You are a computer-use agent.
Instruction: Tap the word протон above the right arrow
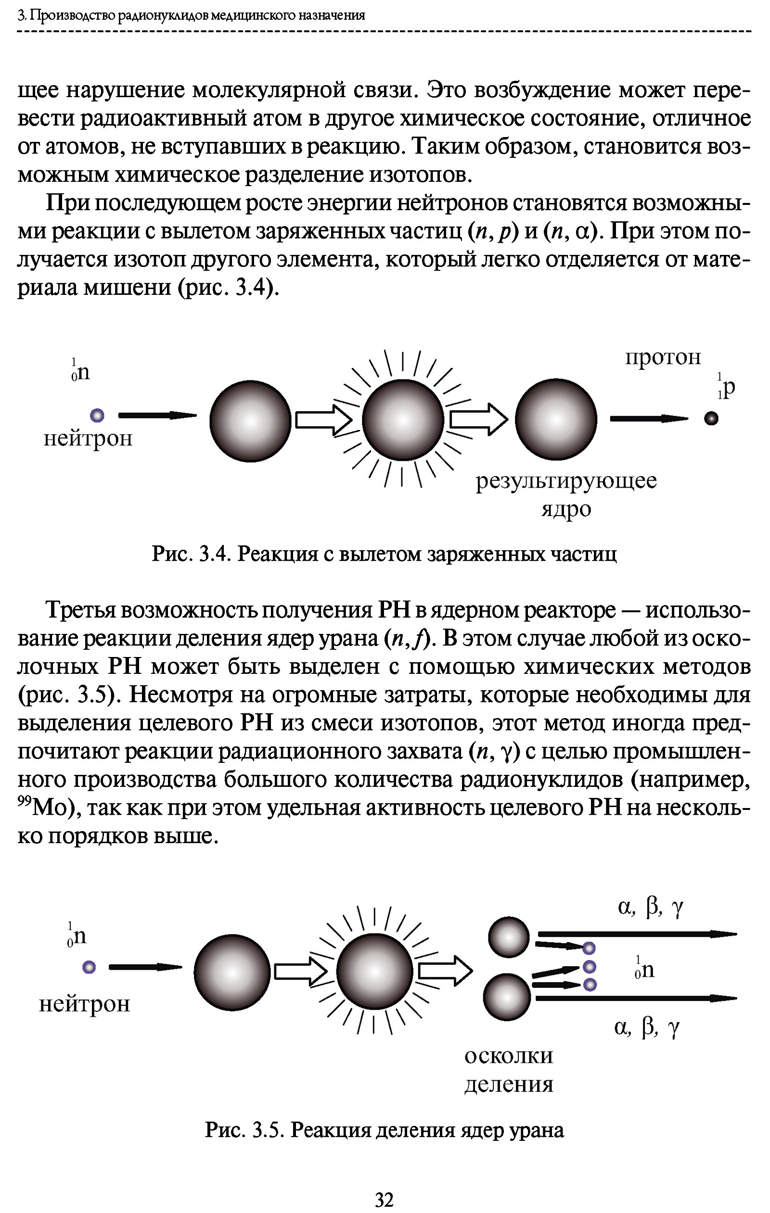coord(663,357)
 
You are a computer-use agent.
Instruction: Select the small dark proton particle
coord(711,418)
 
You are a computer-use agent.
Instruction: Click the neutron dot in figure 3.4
coord(97,416)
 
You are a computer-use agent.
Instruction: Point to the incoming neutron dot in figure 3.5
coord(89,967)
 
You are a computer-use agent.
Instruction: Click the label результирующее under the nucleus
coord(566,481)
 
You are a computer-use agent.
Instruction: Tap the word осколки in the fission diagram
coord(509,1055)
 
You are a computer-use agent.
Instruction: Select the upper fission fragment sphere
coord(509,937)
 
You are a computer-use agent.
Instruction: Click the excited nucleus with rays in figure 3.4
coord(403,419)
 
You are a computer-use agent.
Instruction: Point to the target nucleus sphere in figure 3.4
coord(250,420)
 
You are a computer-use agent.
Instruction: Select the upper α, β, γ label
coord(650,907)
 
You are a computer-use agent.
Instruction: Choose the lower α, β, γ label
coord(647,1028)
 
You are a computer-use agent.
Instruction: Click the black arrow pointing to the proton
coord(649,418)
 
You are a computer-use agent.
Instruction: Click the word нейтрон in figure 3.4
coord(88,439)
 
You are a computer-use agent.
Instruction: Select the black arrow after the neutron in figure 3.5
coord(145,967)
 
